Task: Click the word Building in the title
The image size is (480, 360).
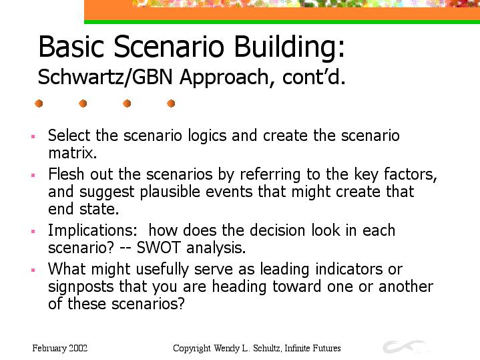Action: click(289, 47)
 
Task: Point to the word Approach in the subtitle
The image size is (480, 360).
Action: click(225, 78)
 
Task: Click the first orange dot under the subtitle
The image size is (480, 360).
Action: click(39, 104)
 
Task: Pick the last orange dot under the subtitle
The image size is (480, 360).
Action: click(171, 104)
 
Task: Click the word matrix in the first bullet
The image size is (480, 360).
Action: click(73, 152)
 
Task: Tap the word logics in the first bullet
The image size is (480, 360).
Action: click(207, 136)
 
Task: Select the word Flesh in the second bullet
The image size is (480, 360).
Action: click(67, 174)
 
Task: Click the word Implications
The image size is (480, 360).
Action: click(93, 230)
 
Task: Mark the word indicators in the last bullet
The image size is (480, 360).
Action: click(349, 269)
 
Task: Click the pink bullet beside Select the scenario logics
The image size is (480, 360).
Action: click(33, 137)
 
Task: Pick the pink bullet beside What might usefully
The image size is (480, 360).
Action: click(33, 271)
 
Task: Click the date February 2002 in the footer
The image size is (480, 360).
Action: click(60, 349)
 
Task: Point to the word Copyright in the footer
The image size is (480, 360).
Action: click(192, 349)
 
